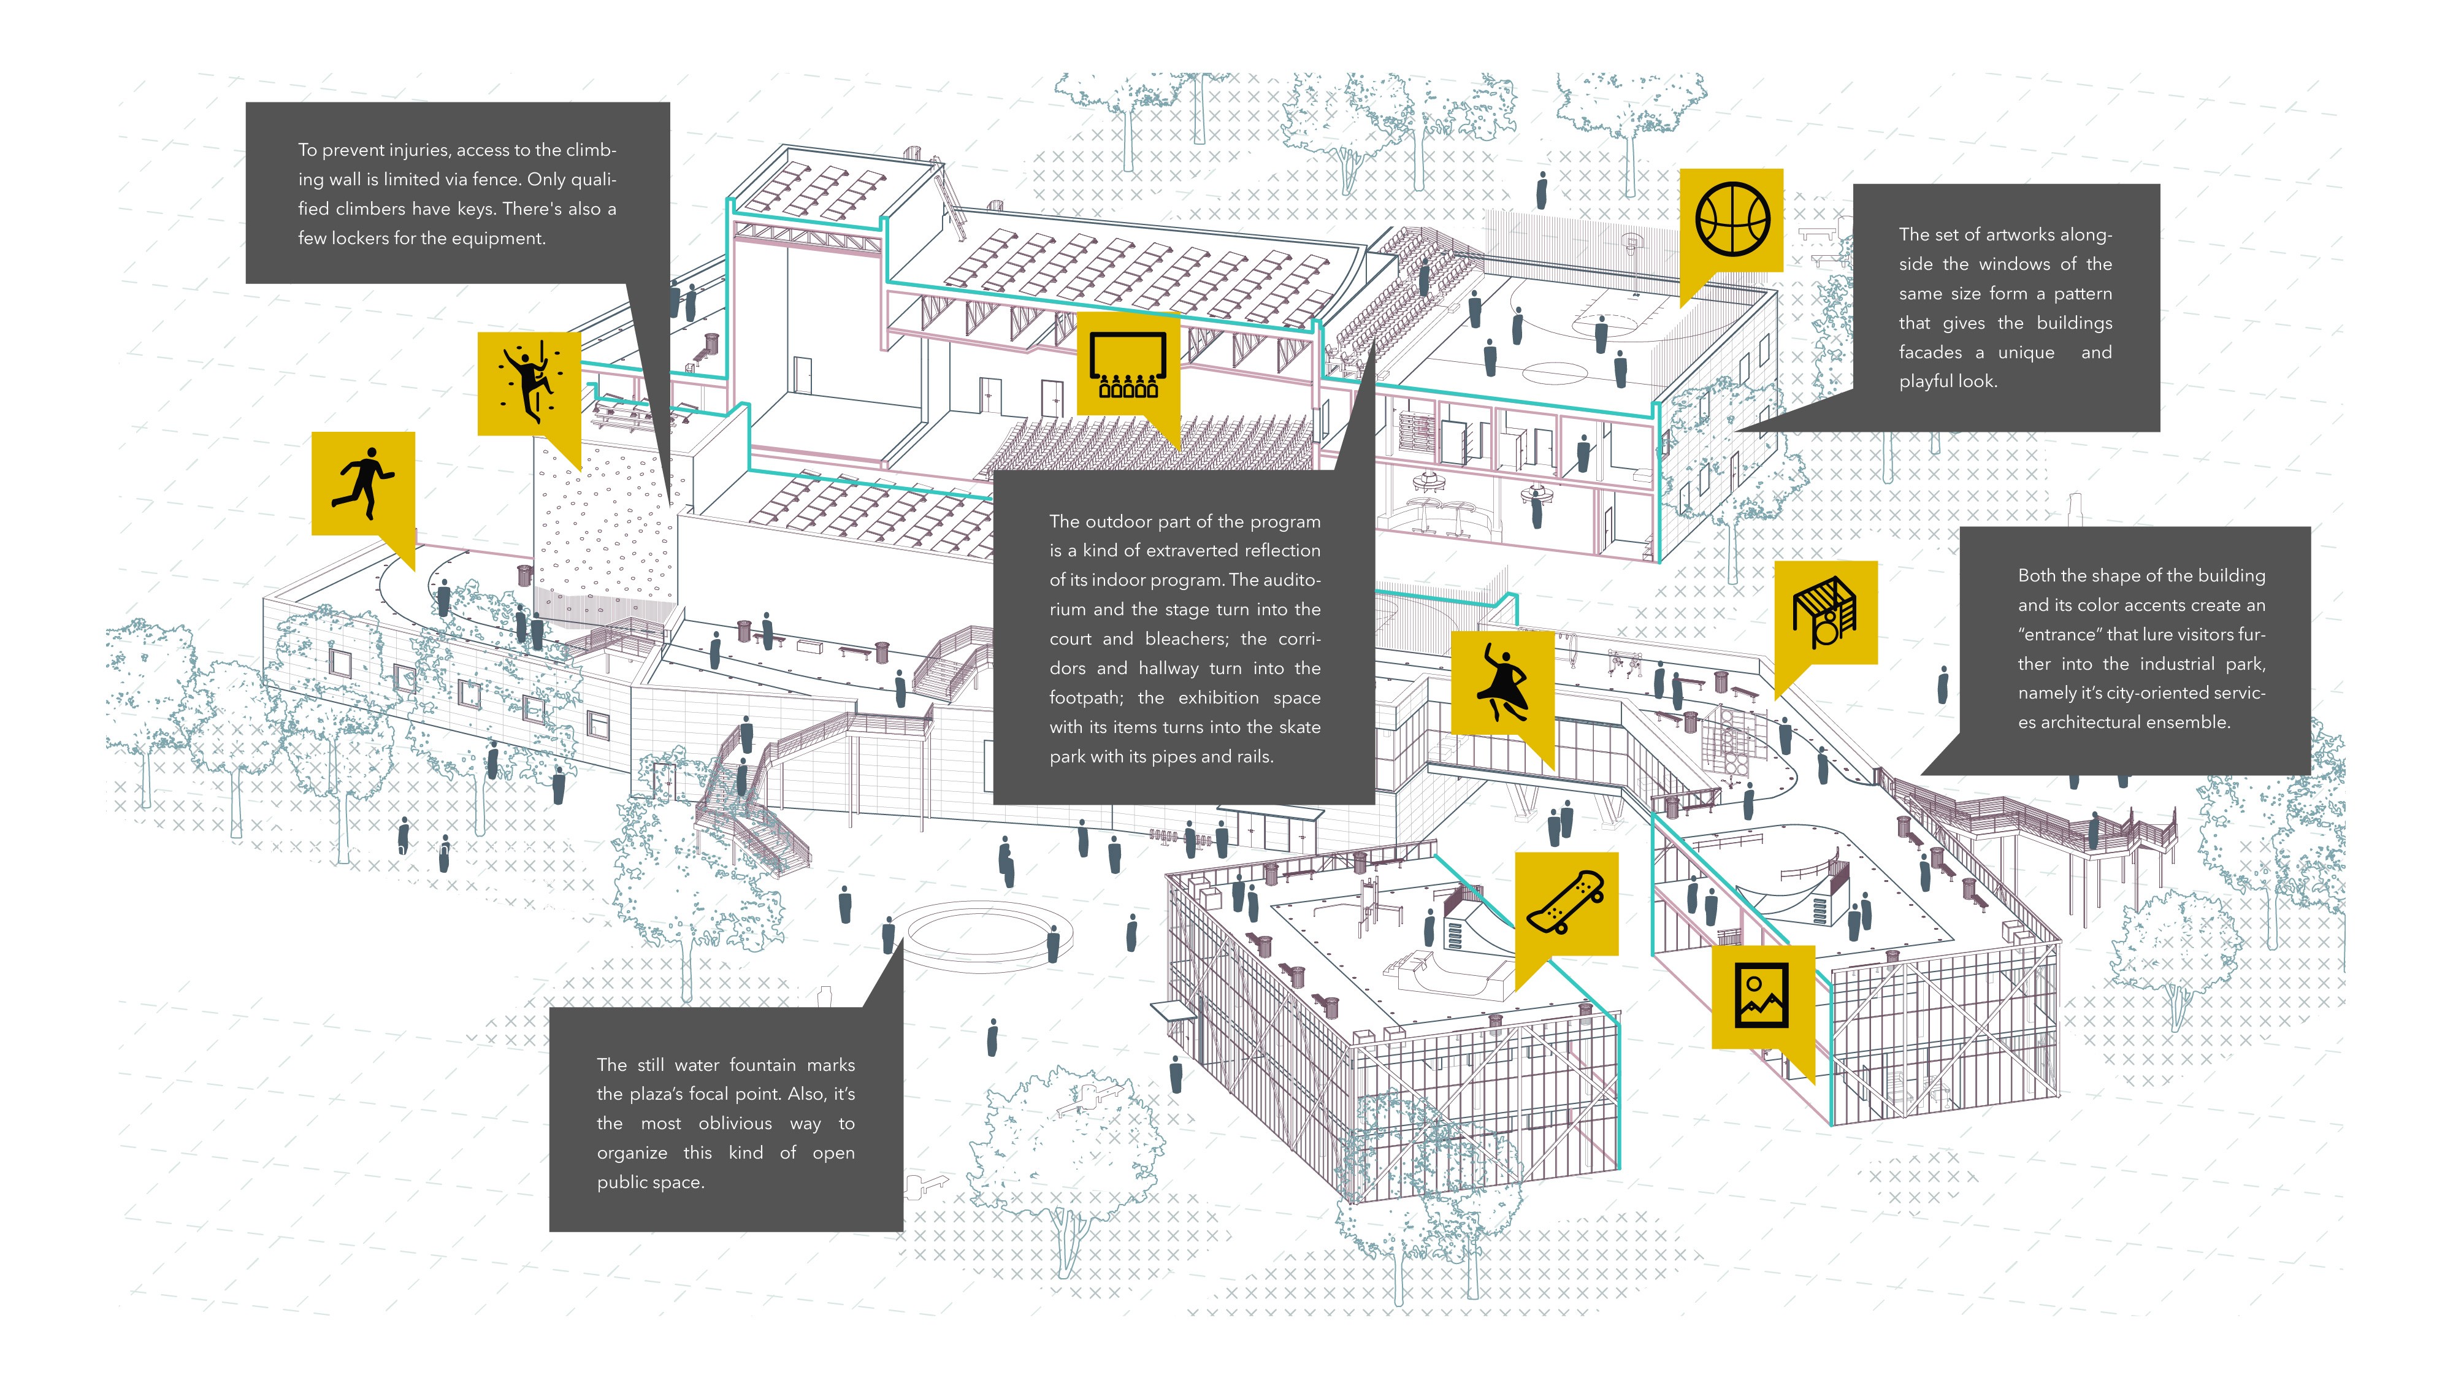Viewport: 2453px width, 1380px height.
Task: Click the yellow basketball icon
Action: pos(1731,220)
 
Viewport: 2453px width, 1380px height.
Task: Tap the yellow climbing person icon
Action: pos(529,383)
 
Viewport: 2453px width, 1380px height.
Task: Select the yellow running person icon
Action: pos(363,483)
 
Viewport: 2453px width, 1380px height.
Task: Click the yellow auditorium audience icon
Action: pos(1128,364)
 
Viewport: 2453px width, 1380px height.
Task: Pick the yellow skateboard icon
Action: pos(1566,902)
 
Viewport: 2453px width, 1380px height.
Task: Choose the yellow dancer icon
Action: pos(1502,682)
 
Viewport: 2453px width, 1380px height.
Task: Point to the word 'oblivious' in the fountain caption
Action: pos(735,1124)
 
